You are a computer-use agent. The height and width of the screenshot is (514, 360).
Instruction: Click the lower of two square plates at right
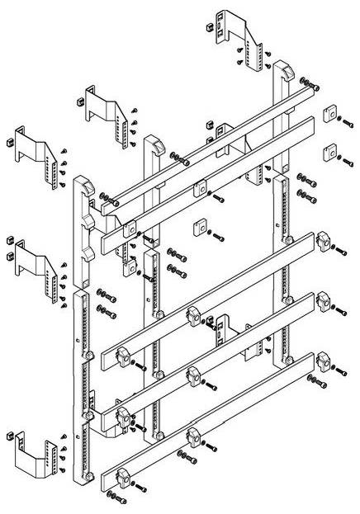[x=329, y=151]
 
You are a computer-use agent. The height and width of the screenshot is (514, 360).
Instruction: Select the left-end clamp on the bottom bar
[x=122, y=476]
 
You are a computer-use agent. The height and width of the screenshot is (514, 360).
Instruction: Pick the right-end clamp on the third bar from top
[x=321, y=241]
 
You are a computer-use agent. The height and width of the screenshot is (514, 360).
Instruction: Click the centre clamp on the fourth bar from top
[x=195, y=373]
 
